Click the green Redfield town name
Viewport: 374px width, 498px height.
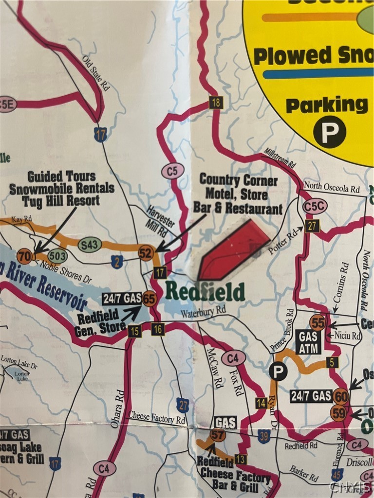(x=205, y=291)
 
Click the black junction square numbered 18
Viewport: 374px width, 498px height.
(x=216, y=103)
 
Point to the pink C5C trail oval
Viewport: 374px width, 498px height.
(x=315, y=206)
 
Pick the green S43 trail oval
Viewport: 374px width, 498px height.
(x=90, y=246)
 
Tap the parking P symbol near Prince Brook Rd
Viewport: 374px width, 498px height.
(x=278, y=372)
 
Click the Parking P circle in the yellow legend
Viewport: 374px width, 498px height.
(x=329, y=132)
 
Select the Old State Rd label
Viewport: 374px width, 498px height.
(x=95, y=73)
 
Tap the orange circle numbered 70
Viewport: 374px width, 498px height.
(x=24, y=256)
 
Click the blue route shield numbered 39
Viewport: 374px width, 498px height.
(x=264, y=436)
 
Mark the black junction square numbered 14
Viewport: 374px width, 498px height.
(x=261, y=402)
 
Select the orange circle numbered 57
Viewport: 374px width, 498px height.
(x=218, y=434)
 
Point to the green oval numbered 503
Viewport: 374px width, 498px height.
(x=58, y=256)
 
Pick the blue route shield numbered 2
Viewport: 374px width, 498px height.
(x=117, y=263)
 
